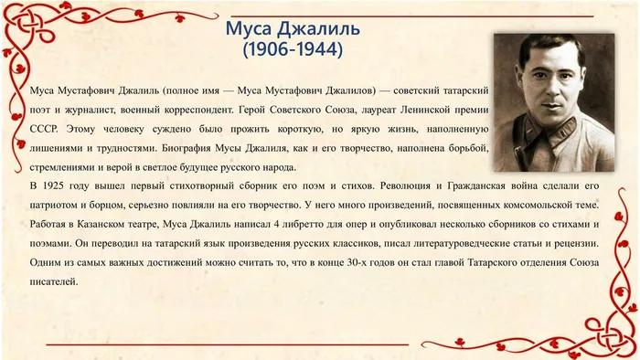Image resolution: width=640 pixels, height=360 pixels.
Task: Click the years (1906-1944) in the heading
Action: [x=292, y=51]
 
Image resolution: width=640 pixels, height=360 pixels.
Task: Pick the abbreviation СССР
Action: [x=44, y=128]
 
